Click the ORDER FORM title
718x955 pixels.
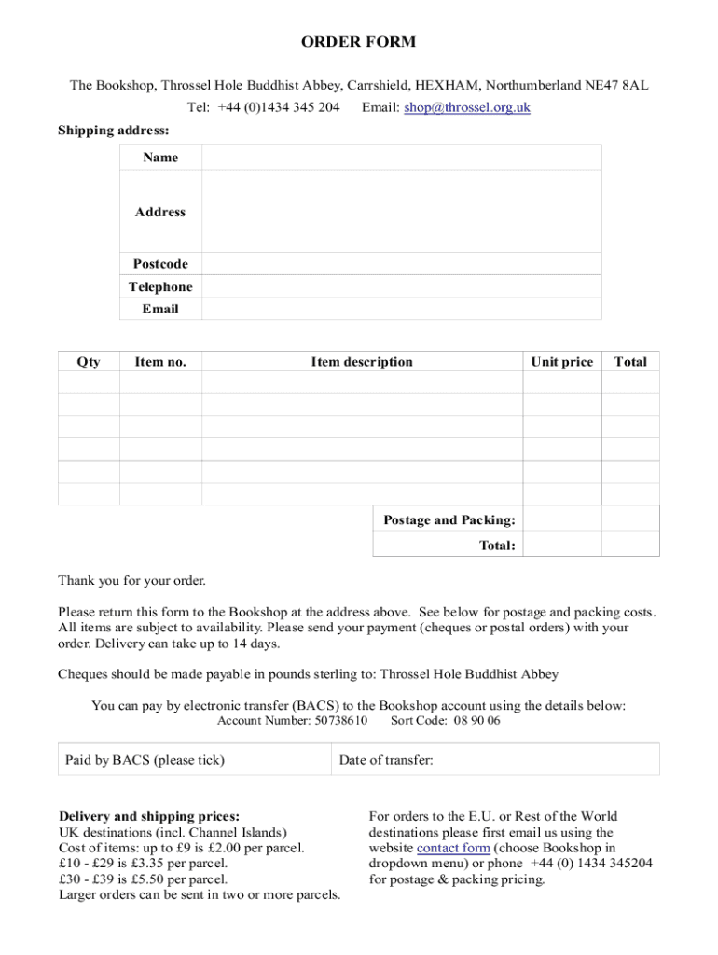pyautogui.click(x=358, y=42)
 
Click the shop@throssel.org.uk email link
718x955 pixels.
pyautogui.click(x=466, y=107)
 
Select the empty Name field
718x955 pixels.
pyautogui.click(x=401, y=158)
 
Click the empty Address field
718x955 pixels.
pyautogui.click(x=401, y=212)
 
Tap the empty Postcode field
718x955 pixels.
pyautogui.click(x=401, y=264)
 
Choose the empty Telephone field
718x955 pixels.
pyautogui.click(x=401, y=286)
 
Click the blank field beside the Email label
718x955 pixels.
pyautogui.click(x=401, y=309)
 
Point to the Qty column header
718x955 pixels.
pyautogui.click(x=89, y=362)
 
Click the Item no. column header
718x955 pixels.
pyautogui.click(x=160, y=362)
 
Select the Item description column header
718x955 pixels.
pyautogui.click(x=362, y=362)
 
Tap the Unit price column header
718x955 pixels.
pyautogui.click(x=561, y=362)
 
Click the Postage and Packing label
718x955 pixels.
pyautogui.click(x=449, y=519)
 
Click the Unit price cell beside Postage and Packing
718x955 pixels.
pyautogui.click(x=561, y=519)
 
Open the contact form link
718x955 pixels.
pyautogui.click(x=453, y=848)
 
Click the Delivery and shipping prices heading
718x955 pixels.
pyautogui.click(x=149, y=816)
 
